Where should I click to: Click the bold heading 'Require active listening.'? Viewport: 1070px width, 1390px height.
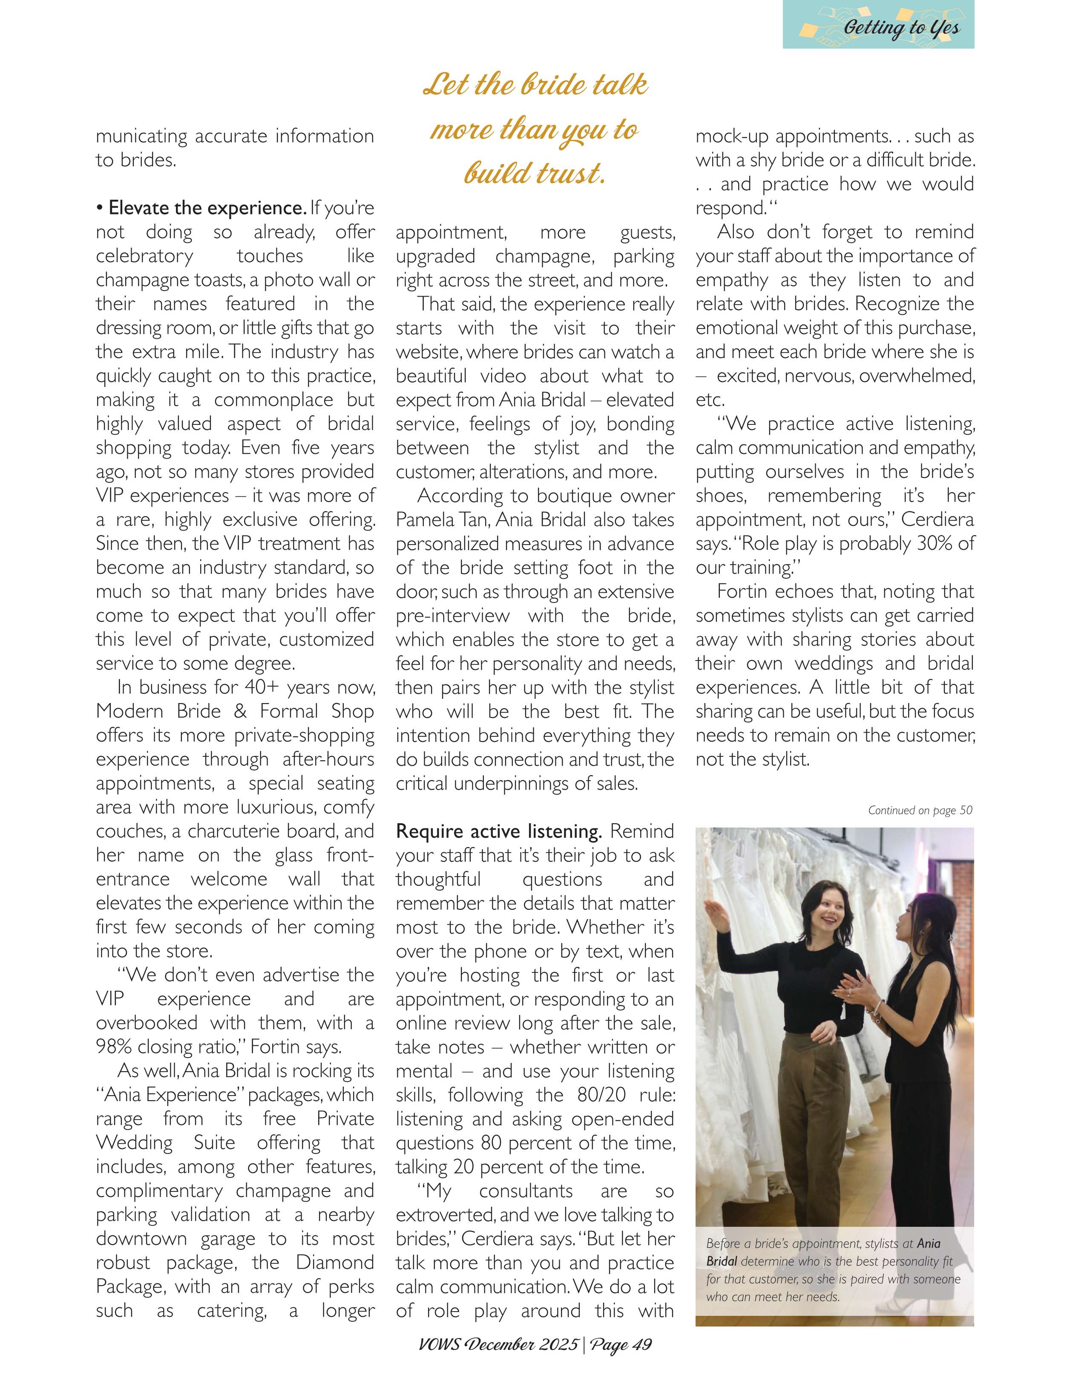(499, 831)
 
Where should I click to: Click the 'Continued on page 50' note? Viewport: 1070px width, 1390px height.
(920, 810)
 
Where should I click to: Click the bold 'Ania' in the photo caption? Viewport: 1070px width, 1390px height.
(928, 1243)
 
